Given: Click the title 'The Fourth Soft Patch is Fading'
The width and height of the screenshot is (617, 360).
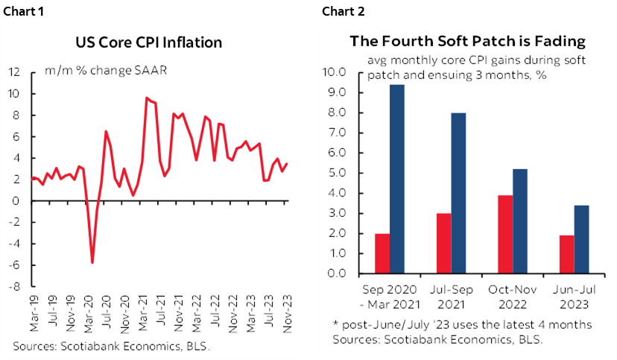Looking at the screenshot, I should point(468,41).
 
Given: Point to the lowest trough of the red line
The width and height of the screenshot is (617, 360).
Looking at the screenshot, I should point(92,262).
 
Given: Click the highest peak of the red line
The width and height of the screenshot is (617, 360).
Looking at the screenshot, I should point(146,98).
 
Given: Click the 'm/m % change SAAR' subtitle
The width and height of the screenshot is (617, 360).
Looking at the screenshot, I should point(105,72).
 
